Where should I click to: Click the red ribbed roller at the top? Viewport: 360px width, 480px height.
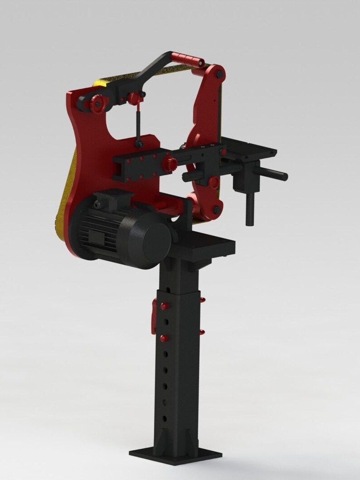click(x=188, y=58)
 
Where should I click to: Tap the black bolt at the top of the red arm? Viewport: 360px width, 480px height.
click(x=219, y=73)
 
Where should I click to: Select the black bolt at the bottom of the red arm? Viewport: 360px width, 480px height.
click(x=217, y=210)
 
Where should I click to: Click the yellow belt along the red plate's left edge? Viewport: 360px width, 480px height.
click(x=63, y=204)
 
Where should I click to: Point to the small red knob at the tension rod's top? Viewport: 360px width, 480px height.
click(x=133, y=97)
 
